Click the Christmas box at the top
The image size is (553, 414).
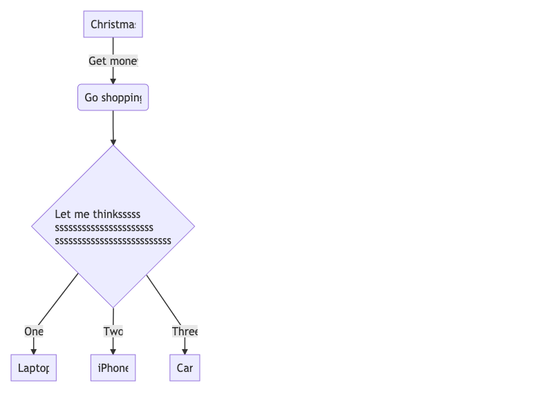113,24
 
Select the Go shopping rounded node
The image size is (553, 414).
113,97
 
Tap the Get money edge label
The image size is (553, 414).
113,61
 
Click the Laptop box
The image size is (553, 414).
33,368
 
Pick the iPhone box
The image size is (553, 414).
113,368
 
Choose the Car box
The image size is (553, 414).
185,368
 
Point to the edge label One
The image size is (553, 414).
33,331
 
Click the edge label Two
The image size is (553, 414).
113,331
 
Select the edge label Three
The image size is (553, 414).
185,331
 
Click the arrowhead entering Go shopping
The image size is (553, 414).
113,81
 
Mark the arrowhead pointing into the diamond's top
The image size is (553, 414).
113,141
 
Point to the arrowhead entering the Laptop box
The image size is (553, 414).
33,351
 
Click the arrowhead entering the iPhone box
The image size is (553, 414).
113,351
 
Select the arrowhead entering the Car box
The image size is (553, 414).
185,351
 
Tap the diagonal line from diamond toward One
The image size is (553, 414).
59,298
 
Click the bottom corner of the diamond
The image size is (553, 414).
113,306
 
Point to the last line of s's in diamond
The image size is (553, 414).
113,241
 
